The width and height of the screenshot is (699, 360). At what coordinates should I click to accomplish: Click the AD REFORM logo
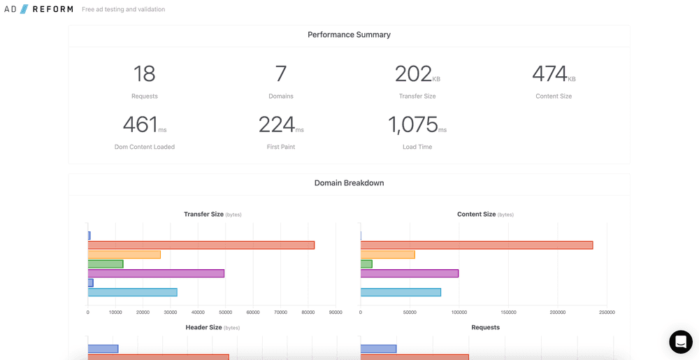pos(38,9)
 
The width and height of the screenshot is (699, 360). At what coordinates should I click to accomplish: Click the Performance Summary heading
pos(349,35)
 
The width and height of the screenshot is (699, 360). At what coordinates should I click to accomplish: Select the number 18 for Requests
pos(144,74)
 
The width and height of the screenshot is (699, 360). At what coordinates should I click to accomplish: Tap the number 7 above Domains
pos(281,74)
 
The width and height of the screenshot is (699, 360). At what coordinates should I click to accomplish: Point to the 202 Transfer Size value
pos(414,74)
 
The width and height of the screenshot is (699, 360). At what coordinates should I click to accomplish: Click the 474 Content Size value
pos(549,74)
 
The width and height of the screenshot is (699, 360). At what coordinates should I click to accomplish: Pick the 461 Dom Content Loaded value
pos(140,125)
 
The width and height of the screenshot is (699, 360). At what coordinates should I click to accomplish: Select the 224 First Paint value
pos(277,125)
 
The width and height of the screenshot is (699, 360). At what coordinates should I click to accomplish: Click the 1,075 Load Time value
pos(413,125)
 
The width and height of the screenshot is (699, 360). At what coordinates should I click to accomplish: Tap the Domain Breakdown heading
pos(349,183)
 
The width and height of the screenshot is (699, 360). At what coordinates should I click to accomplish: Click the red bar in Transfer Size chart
pos(201,245)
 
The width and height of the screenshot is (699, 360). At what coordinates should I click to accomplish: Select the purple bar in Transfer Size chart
pos(156,273)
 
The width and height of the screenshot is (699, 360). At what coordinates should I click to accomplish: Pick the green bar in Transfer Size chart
pos(106,264)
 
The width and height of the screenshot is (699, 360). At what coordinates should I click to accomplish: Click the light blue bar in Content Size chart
pos(401,292)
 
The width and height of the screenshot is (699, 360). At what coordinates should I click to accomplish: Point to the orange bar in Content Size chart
pos(388,254)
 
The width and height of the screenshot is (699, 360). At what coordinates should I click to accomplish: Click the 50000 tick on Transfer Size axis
pos(226,312)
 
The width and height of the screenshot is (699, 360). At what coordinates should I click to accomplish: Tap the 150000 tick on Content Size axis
pos(508,312)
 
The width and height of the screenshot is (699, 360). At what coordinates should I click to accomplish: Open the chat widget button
pos(680,342)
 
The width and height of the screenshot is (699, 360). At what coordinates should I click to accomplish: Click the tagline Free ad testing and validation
pos(123,10)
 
